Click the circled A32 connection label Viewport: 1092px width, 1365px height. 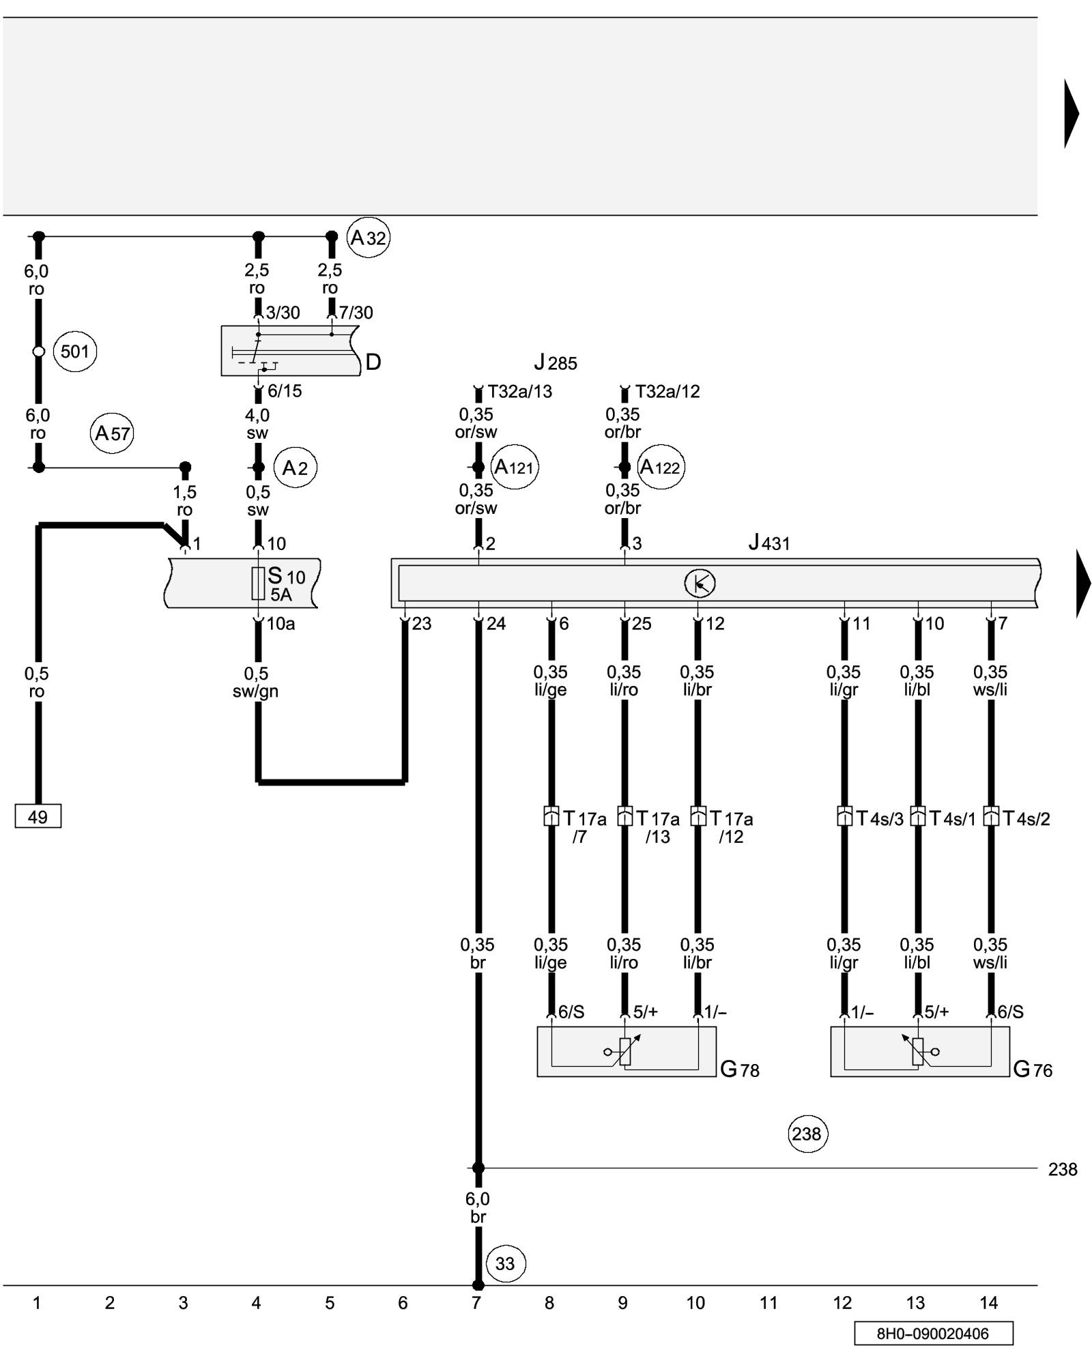pyautogui.click(x=369, y=238)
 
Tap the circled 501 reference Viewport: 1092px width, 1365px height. pyautogui.click(x=75, y=351)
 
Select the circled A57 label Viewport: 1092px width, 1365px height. pyautogui.click(x=112, y=433)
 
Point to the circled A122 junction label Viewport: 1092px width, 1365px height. pyautogui.click(x=661, y=468)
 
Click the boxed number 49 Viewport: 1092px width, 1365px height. pyautogui.click(x=38, y=816)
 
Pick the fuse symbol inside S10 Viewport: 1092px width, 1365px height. pyautogui.click(x=258, y=584)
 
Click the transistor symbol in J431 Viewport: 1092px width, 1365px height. pyautogui.click(x=700, y=584)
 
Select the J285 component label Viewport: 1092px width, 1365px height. pyautogui.click(x=556, y=362)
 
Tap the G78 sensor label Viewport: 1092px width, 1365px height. pyautogui.click(x=740, y=1069)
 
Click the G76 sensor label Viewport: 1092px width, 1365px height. pyautogui.click(x=1033, y=1069)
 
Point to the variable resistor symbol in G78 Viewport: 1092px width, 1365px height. pyautogui.click(x=624, y=1051)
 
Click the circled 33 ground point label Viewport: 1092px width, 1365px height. pyautogui.click(x=505, y=1263)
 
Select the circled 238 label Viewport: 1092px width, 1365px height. pyautogui.click(x=807, y=1134)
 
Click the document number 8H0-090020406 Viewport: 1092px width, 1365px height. pyautogui.click(x=933, y=1334)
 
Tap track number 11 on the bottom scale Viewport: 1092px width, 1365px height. pyautogui.click(x=768, y=1304)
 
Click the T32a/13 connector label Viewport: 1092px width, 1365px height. pyautogui.click(x=520, y=392)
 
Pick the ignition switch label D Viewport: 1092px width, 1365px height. pyautogui.click(x=373, y=362)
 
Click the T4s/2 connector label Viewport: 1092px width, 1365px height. pyautogui.click(x=1026, y=818)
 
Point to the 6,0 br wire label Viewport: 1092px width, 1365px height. pyautogui.click(x=478, y=1207)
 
